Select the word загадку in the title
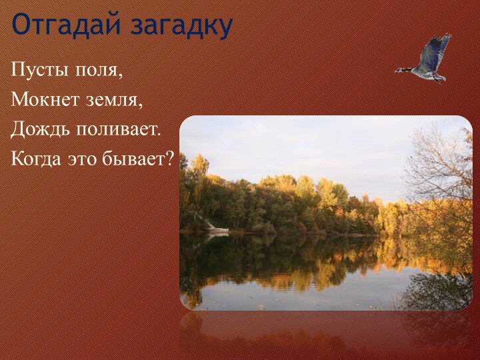[181, 25]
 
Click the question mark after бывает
[170, 159]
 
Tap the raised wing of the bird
[437, 48]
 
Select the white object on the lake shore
[217, 229]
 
